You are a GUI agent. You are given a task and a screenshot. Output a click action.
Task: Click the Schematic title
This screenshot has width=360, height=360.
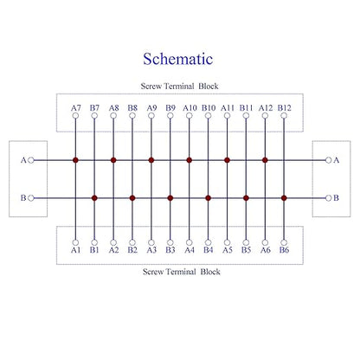178,59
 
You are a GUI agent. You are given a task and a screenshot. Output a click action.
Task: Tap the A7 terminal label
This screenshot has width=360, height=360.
76,108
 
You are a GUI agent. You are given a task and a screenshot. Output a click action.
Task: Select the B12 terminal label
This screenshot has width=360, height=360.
285,108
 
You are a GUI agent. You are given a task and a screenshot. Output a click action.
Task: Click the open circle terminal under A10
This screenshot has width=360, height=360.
190,116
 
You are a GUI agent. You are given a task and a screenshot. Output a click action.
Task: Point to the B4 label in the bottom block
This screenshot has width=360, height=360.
209,250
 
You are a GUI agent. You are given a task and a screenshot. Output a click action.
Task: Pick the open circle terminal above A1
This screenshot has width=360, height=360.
75,242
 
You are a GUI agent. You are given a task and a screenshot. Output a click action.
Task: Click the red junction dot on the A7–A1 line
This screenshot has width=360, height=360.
75,160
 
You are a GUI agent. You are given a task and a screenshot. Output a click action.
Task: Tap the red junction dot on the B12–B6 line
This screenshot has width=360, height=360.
284,198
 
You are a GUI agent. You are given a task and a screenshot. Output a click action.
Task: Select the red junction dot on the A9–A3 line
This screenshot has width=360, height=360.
151,160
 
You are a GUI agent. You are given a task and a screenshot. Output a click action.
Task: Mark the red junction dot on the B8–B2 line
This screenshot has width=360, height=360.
132,198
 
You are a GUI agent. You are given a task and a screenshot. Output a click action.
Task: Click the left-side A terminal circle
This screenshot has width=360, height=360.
31,160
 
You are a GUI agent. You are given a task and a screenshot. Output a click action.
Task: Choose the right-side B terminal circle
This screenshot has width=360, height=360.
328,198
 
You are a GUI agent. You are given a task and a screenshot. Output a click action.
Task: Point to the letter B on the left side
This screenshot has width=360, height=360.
23,198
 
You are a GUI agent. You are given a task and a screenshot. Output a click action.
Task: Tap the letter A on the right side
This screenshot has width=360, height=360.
337,160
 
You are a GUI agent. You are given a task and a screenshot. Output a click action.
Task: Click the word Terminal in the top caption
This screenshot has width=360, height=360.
179,86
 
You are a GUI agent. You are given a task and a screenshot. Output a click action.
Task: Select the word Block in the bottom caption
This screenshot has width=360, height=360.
210,272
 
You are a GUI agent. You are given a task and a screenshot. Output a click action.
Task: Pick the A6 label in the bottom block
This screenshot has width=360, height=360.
266,250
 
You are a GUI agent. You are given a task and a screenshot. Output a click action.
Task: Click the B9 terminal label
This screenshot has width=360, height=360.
170,108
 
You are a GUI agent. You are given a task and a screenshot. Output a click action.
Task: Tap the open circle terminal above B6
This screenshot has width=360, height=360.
284,242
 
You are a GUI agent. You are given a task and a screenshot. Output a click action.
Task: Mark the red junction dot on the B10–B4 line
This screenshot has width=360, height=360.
209,198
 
